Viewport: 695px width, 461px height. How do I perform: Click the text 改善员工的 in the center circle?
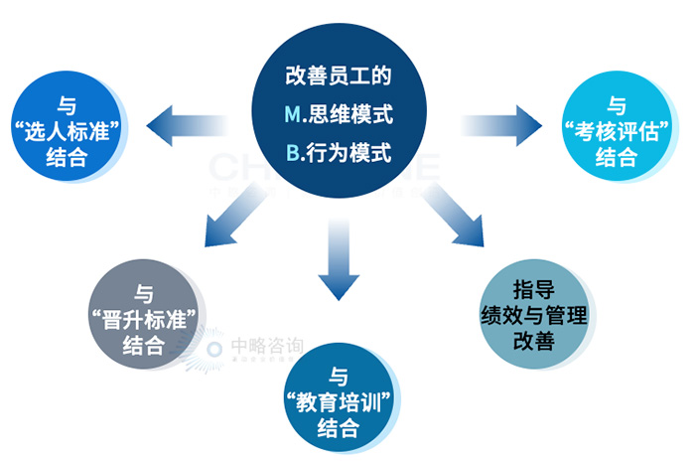click(x=339, y=76)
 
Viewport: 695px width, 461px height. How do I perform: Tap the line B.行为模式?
click(x=339, y=154)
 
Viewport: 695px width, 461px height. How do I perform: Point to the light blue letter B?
click(x=292, y=154)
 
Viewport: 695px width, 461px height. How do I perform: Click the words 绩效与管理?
click(x=533, y=315)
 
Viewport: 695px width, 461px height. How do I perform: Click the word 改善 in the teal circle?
click(x=533, y=342)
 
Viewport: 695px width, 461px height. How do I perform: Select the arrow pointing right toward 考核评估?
click(x=502, y=124)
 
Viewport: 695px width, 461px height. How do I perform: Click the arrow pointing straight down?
click(x=339, y=260)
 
